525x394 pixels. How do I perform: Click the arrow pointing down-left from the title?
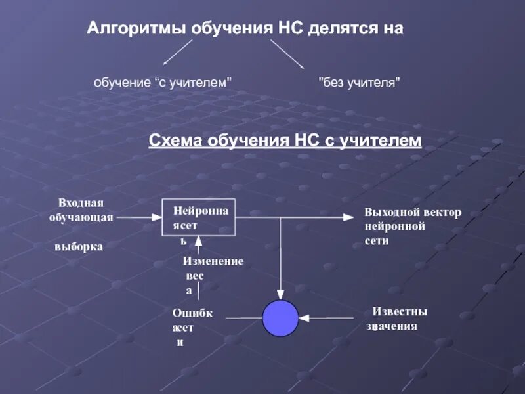pyautogui.click(x=177, y=52)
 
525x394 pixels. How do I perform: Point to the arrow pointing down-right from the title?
pyautogui.click(x=287, y=54)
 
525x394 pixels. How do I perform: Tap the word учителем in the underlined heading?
pyautogui.click(x=381, y=141)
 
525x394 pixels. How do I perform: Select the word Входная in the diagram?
pyautogui.click(x=81, y=203)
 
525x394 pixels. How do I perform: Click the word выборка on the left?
pyautogui.click(x=79, y=247)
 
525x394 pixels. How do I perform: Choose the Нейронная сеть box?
pyautogui.click(x=199, y=217)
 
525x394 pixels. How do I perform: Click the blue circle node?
pyautogui.click(x=281, y=318)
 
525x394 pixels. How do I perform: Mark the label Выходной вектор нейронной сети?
pyautogui.click(x=412, y=227)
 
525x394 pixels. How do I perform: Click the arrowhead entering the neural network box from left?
pyautogui.click(x=158, y=215)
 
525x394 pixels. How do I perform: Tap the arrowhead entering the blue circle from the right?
pyautogui.click(x=304, y=318)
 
